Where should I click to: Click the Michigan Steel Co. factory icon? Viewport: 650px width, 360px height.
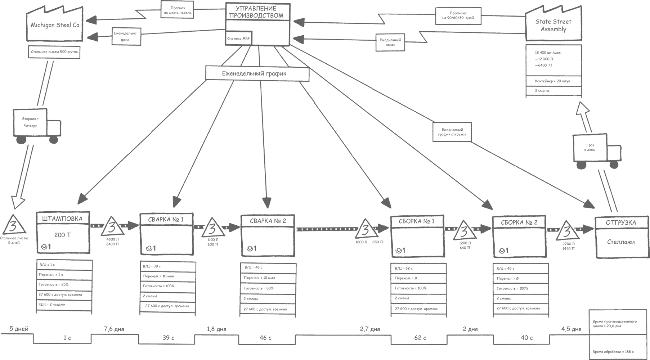tap(55, 25)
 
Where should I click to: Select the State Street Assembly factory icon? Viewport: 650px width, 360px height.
tap(553, 25)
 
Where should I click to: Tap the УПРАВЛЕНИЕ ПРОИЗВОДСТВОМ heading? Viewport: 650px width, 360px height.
tap(257, 12)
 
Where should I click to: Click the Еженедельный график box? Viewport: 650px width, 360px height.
tap(257, 73)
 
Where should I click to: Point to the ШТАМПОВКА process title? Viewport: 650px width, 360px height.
tap(63, 219)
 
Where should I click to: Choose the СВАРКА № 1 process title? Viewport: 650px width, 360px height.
tap(166, 219)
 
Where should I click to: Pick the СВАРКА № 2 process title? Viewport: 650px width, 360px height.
tap(268, 221)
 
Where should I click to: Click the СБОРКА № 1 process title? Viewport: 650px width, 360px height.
tap(417, 221)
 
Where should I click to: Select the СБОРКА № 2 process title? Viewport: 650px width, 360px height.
tap(519, 222)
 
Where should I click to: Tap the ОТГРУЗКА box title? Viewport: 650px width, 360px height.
tap(620, 222)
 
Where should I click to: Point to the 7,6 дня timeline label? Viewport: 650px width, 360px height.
tap(114, 329)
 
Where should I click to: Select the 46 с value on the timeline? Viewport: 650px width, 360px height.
tap(265, 338)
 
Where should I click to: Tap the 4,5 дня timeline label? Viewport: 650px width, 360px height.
tap(571, 329)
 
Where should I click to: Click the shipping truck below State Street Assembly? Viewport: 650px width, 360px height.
tap(596, 150)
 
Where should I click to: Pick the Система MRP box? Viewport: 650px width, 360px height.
tap(238, 39)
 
